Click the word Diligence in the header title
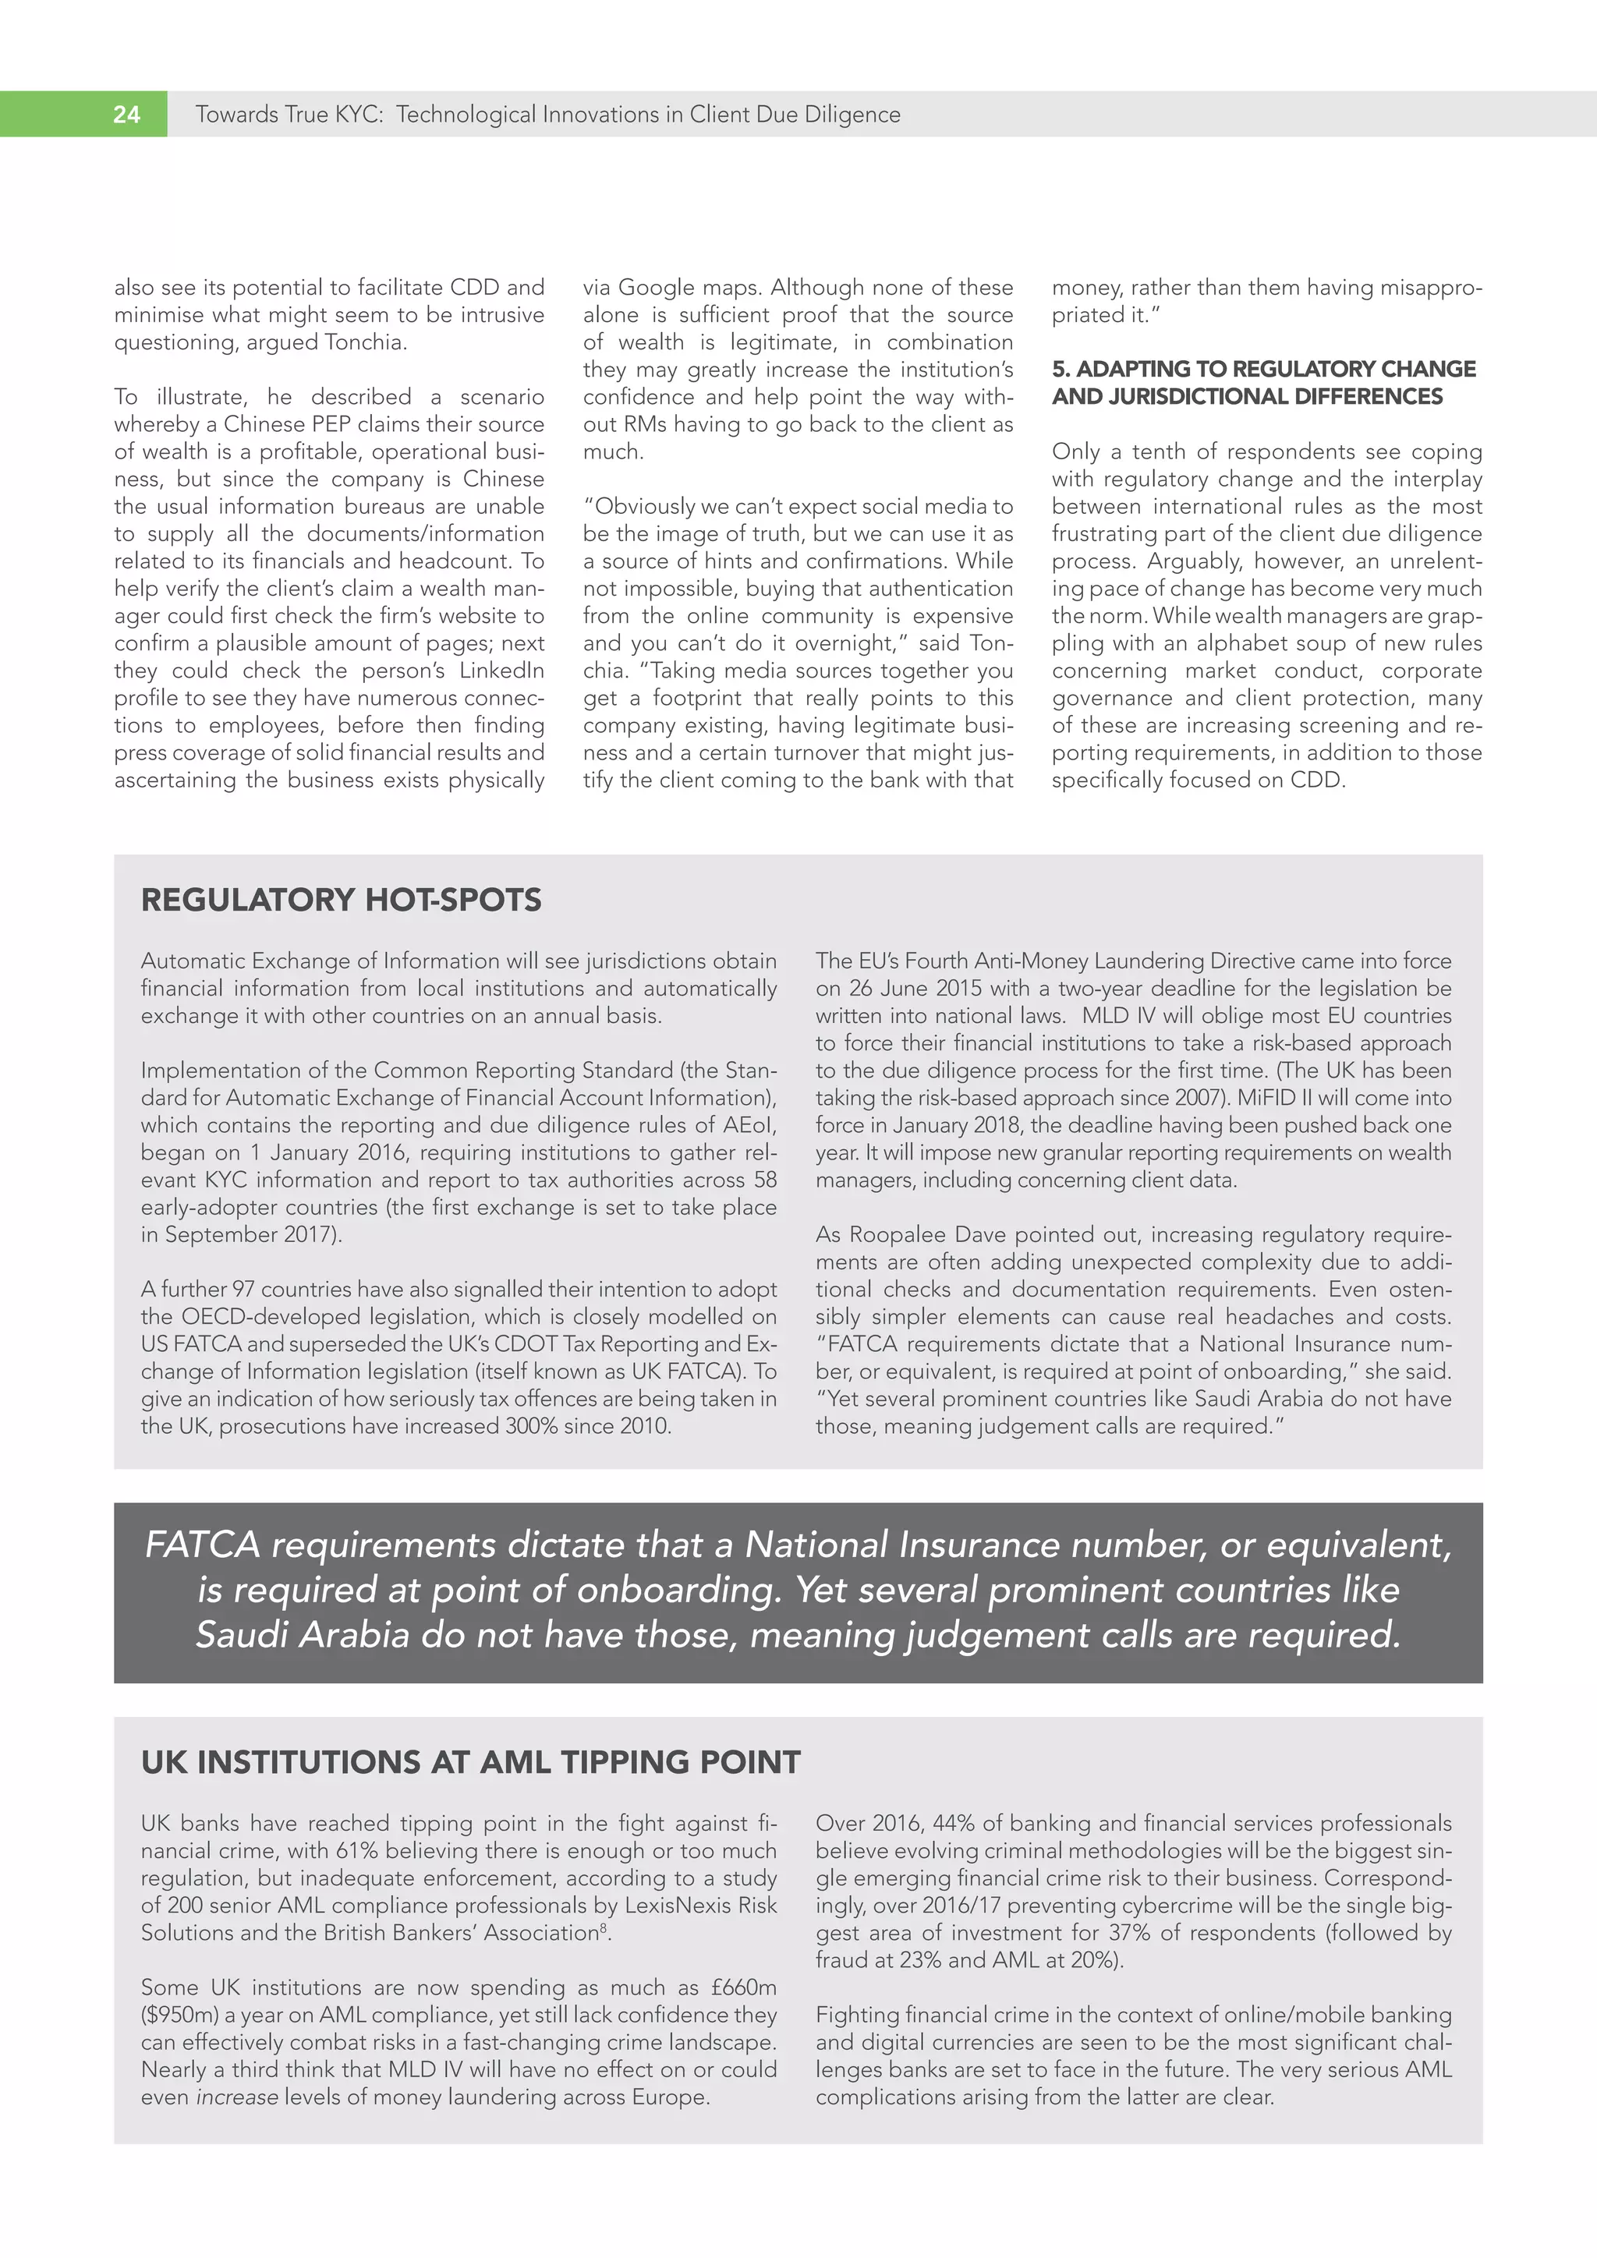(x=852, y=115)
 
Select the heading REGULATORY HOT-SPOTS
(x=342, y=900)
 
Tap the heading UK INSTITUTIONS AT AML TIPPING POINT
(x=470, y=1761)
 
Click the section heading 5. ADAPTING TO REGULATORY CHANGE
(x=1263, y=369)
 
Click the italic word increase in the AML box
(x=237, y=2097)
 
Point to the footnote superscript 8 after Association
(x=603, y=1927)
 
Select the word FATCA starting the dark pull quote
(x=202, y=1545)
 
